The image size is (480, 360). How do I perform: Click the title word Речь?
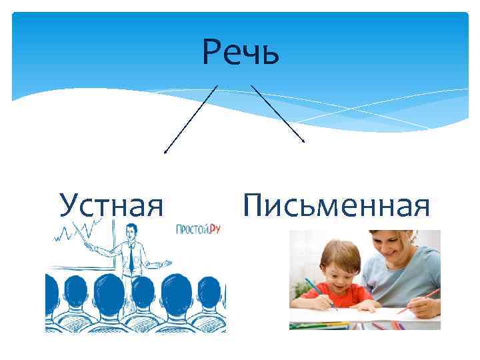[x=241, y=53]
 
